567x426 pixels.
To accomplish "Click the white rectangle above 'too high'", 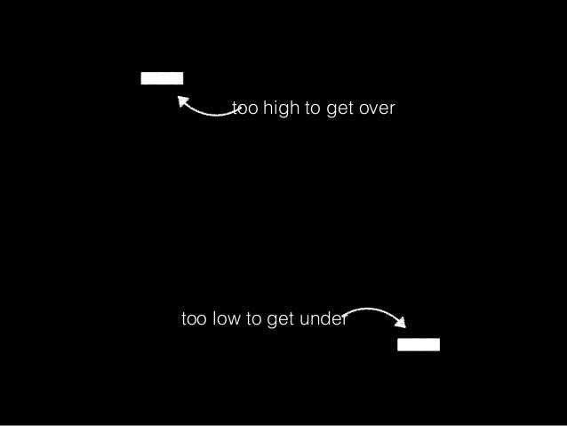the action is point(162,77).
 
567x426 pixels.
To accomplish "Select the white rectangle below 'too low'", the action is point(418,345).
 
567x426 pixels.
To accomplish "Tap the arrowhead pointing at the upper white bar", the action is point(181,101).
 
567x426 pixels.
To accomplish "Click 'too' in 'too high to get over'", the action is point(244,109).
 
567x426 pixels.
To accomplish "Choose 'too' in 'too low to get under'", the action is point(194,319).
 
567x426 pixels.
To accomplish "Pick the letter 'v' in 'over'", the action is point(374,109).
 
